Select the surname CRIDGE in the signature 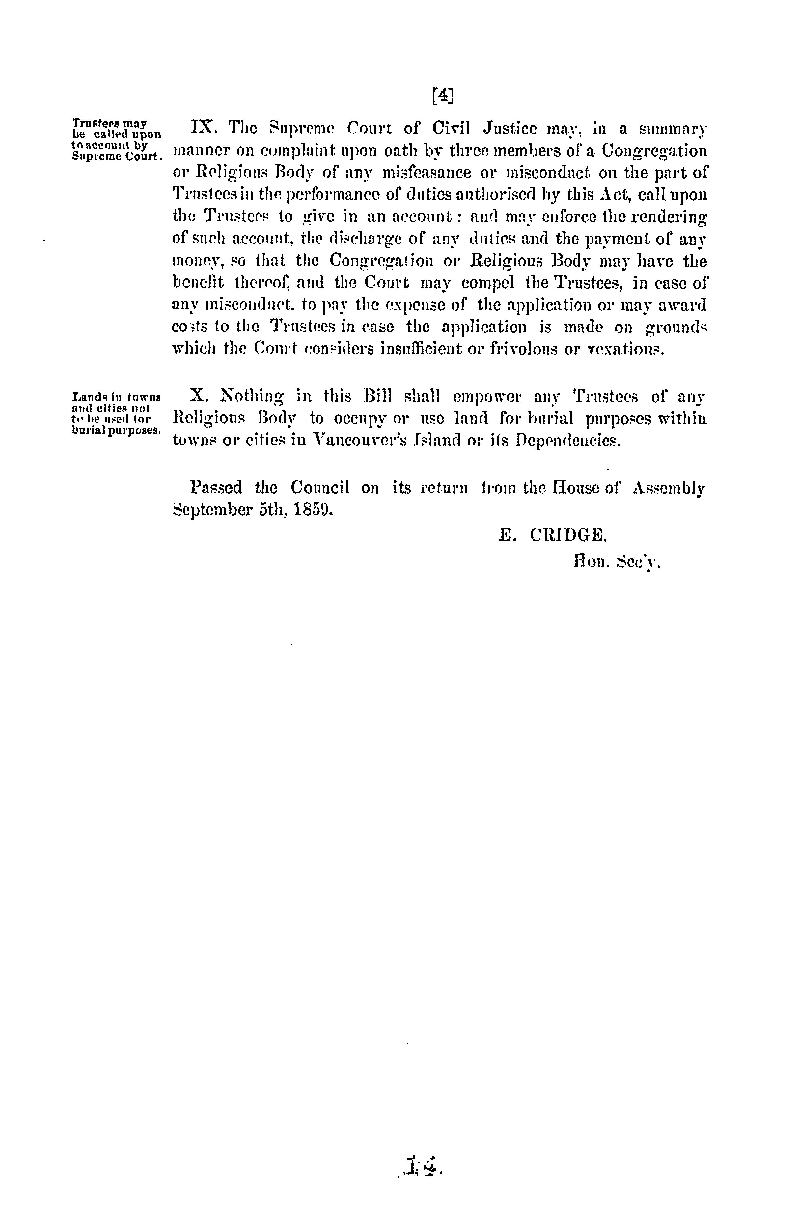click(568, 535)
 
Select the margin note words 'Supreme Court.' click(118, 156)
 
